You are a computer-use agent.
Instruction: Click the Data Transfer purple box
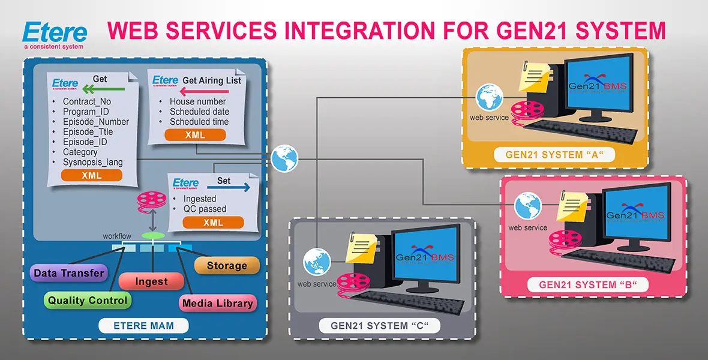point(68,274)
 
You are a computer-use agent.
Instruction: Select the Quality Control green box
point(88,301)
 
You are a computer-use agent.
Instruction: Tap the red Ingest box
point(151,281)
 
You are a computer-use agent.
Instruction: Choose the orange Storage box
point(227,266)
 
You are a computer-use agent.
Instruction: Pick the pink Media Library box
point(218,304)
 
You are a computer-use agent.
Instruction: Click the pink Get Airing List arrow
point(203,91)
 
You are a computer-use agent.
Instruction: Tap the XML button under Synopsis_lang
point(92,176)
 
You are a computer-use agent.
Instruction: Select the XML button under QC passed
point(213,223)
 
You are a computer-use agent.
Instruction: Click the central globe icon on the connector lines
point(284,158)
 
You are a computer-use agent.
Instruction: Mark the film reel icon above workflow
point(151,201)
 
